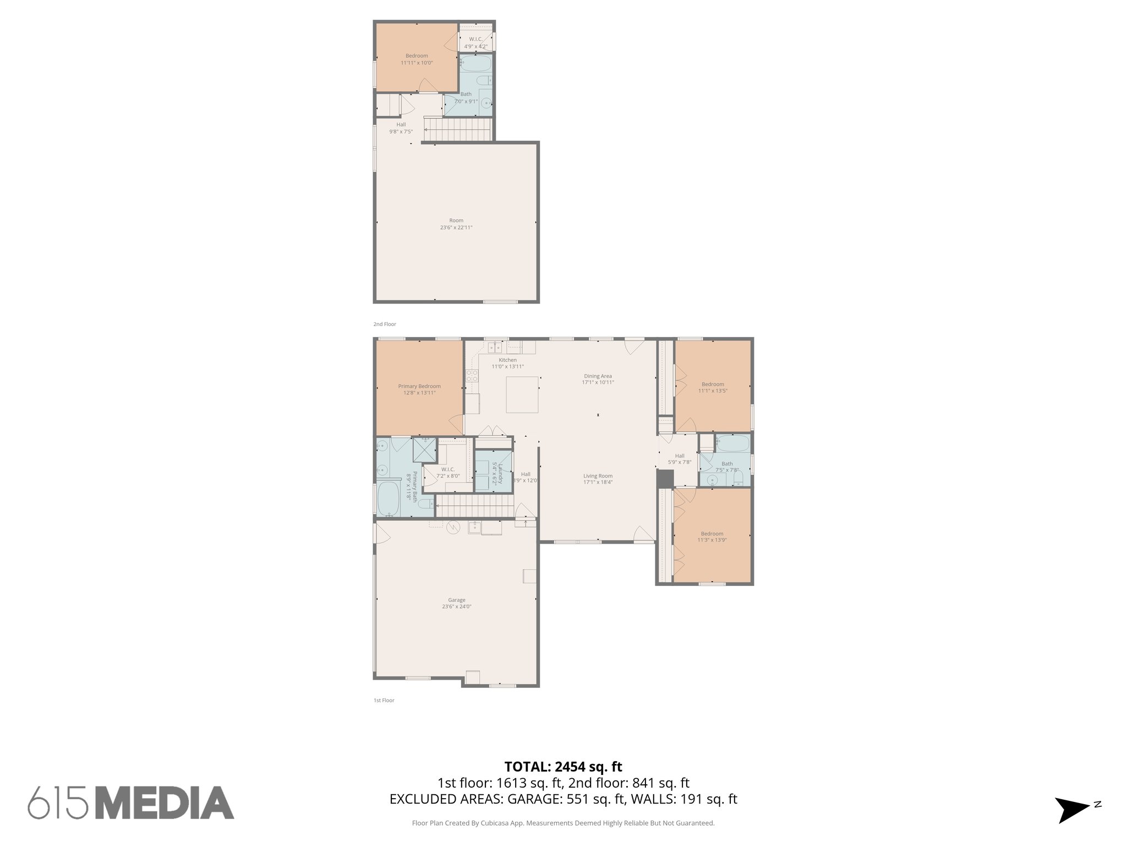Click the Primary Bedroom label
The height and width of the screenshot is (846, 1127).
pyautogui.click(x=419, y=386)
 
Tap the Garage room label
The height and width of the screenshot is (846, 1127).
pyautogui.click(x=456, y=600)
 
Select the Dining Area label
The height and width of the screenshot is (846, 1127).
pyautogui.click(x=598, y=376)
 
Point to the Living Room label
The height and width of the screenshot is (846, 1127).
pyautogui.click(x=598, y=476)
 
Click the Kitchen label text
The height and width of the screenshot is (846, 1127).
pyautogui.click(x=507, y=360)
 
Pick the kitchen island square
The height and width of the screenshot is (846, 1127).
pyautogui.click(x=522, y=394)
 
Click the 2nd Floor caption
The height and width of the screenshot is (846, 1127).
pyautogui.click(x=385, y=324)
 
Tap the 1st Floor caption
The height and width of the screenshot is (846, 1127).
pyautogui.click(x=384, y=701)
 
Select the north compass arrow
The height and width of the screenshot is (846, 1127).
pyautogui.click(x=1071, y=810)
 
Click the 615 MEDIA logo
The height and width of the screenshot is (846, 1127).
pyautogui.click(x=131, y=802)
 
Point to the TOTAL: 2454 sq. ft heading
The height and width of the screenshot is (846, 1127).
pyautogui.click(x=563, y=767)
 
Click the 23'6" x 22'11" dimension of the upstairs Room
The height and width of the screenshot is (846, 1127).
pyautogui.click(x=456, y=227)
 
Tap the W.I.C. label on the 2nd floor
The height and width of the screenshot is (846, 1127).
pyautogui.click(x=475, y=39)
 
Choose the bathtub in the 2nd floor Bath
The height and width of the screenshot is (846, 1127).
pyautogui.click(x=475, y=64)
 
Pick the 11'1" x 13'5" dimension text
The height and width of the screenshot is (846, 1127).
pyautogui.click(x=713, y=391)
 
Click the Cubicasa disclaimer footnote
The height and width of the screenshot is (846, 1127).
pyautogui.click(x=563, y=823)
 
